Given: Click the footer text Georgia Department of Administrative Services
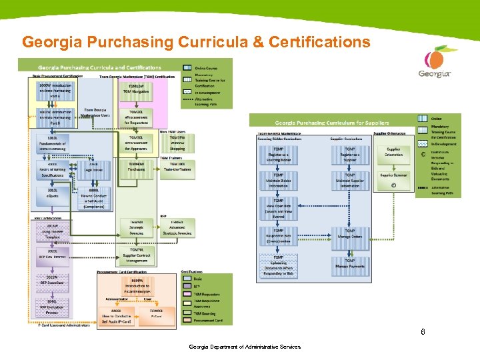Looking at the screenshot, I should [245, 347].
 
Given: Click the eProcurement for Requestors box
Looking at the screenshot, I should [136, 117].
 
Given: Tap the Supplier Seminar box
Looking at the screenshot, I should [393, 175].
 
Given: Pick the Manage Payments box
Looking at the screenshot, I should [350, 265].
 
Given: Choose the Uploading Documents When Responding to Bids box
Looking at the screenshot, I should [278, 267].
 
